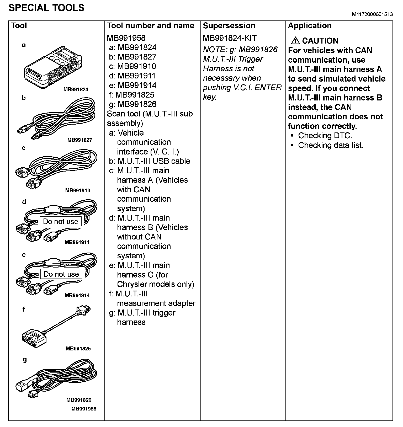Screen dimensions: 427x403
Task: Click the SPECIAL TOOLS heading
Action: [x=46, y=8]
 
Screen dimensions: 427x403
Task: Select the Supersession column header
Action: [x=229, y=26]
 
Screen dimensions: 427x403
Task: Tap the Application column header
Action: [x=310, y=26]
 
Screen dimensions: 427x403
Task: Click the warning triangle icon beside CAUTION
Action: [x=295, y=41]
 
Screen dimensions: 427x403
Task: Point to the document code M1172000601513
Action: [x=372, y=14]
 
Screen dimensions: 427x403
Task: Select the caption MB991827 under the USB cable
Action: [x=80, y=140]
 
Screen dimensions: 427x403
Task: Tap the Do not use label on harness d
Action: [x=61, y=222]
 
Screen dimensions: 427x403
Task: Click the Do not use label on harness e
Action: [x=61, y=274]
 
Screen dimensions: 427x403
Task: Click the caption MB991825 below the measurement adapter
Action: [x=78, y=349]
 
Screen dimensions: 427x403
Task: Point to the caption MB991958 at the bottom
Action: [x=84, y=409]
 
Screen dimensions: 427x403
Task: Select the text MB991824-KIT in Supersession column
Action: [x=230, y=38]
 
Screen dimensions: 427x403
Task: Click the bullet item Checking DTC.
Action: [x=325, y=136]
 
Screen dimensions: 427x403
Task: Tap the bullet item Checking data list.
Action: [x=331, y=145]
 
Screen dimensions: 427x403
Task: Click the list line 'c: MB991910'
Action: [x=132, y=66]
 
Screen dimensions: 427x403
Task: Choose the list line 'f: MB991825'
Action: [x=132, y=95]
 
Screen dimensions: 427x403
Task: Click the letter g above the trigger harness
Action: [x=25, y=360]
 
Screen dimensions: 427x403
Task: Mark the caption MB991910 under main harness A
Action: [x=78, y=191]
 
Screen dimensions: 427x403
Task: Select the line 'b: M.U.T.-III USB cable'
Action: [x=150, y=161]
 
